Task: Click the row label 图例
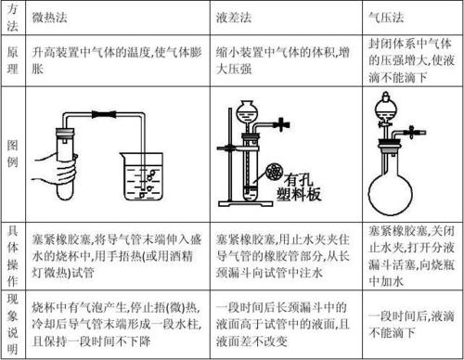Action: pos(11,152)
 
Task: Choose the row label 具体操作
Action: pos(11,248)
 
